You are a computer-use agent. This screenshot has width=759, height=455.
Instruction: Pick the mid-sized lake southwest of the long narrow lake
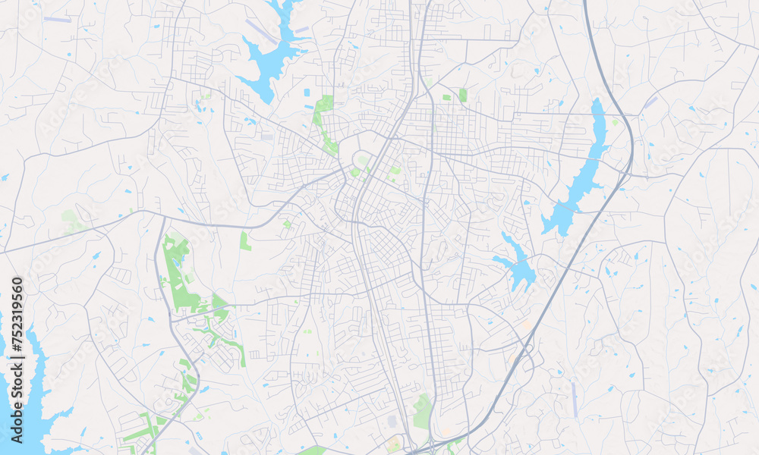[518, 265]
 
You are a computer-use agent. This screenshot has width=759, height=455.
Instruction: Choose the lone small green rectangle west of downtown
[245, 241]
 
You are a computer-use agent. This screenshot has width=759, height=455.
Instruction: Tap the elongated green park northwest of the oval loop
[324, 121]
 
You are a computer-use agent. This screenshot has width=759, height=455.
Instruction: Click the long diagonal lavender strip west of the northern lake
[261, 31]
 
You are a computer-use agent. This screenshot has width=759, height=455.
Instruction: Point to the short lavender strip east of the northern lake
[302, 30]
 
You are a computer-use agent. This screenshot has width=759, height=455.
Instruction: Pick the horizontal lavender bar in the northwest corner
[58, 19]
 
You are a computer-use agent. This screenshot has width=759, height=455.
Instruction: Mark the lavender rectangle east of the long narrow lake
[651, 102]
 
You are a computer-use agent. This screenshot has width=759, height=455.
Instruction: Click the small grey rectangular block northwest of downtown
[266, 137]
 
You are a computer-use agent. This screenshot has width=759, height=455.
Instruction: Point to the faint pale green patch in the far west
[72, 221]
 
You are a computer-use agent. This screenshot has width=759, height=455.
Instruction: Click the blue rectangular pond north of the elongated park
[307, 93]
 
